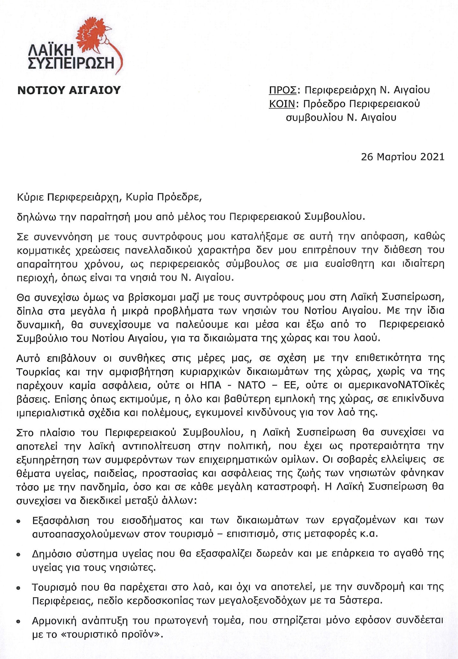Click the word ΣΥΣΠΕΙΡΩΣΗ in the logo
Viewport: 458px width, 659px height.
71,63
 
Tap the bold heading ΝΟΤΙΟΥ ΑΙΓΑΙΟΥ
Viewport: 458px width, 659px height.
69,91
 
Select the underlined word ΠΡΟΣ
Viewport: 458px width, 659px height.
283,90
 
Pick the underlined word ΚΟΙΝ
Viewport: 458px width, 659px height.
282,104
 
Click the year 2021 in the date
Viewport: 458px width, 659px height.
431,157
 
